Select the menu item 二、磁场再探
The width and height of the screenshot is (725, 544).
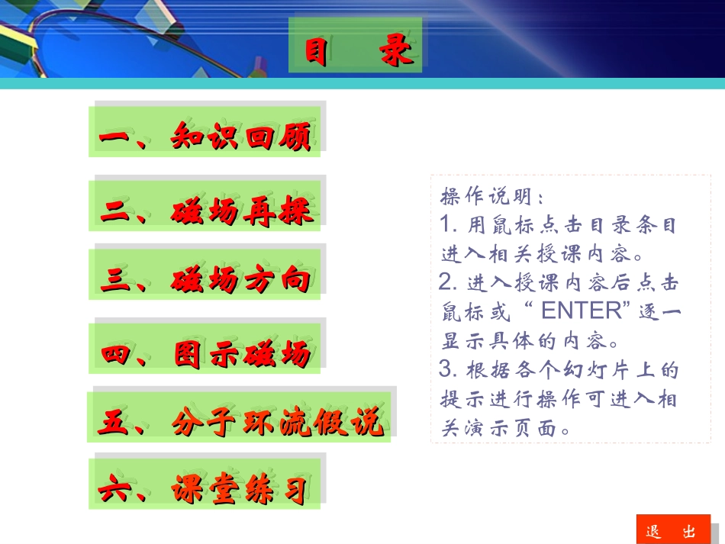pyautogui.click(x=206, y=211)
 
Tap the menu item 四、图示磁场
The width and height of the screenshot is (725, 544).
pyautogui.click(x=205, y=354)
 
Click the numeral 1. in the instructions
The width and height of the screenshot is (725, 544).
pyautogui.click(x=449, y=225)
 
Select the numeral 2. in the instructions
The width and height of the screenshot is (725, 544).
pyautogui.click(x=449, y=282)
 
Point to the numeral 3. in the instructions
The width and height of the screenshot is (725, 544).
pyautogui.click(x=449, y=370)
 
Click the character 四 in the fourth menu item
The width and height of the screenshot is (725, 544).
pyautogui.click(x=116, y=355)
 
